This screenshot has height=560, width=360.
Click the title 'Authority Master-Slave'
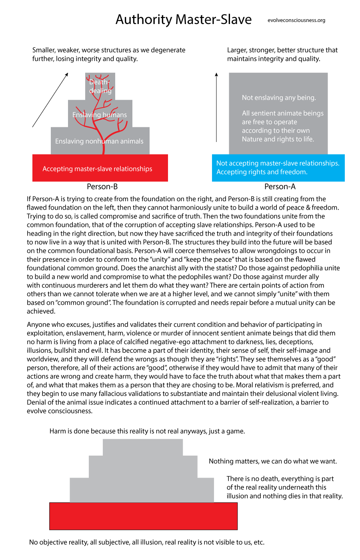point(184,19)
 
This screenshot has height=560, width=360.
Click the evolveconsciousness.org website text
point(296,20)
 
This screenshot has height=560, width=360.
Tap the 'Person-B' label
point(102,187)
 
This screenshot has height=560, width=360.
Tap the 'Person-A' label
point(280,187)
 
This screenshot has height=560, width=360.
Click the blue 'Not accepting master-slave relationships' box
point(278,168)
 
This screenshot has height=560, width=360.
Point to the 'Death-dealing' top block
point(100,86)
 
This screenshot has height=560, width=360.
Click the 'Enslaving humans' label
point(100,115)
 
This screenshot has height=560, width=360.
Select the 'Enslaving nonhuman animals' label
point(99,141)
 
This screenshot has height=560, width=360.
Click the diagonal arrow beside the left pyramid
point(50,100)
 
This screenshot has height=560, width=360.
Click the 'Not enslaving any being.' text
point(279,98)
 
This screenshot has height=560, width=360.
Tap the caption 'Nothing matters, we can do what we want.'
point(273,461)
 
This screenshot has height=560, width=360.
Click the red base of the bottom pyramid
point(143,516)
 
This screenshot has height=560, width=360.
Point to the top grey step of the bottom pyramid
point(143,447)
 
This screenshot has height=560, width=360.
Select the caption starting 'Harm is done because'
point(147,431)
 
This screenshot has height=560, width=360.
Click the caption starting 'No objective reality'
point(147,542)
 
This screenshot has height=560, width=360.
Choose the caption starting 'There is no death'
point(284,487)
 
